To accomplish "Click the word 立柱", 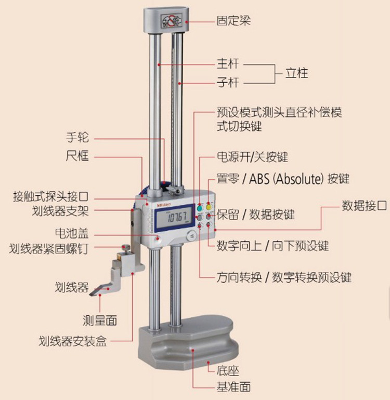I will point(297,73).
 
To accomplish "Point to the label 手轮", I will point(77,138).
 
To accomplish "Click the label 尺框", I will point(77,155).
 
